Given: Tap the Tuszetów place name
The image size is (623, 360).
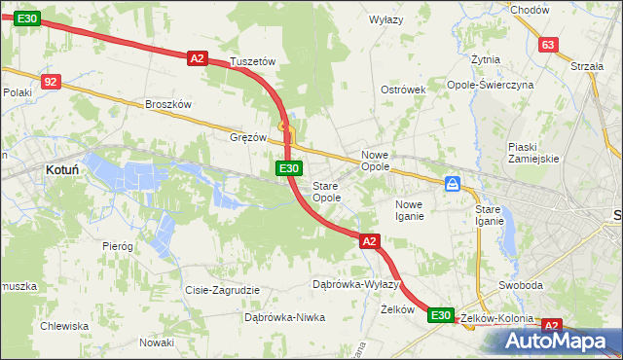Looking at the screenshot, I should [253, 61].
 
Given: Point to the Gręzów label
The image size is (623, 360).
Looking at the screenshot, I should [248, 137].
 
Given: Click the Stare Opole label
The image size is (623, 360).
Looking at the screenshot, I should [326, 192].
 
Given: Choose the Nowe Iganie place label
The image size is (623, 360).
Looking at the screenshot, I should [409, 210].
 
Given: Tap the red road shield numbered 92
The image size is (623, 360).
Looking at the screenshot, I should [52, 82].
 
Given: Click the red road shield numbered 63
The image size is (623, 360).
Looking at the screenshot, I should [549, 45].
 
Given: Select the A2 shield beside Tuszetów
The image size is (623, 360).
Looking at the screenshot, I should [198, 58].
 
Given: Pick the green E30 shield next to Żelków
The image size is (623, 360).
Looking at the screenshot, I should [441, 314].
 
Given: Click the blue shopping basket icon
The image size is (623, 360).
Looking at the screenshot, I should [453, 183].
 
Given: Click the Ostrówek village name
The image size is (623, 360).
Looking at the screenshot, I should [404, 90].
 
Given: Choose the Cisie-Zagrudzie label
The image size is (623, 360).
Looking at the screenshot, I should [222, 290].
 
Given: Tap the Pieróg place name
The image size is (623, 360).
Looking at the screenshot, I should [118, 246].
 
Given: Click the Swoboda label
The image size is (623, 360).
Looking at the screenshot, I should [520, 285].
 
